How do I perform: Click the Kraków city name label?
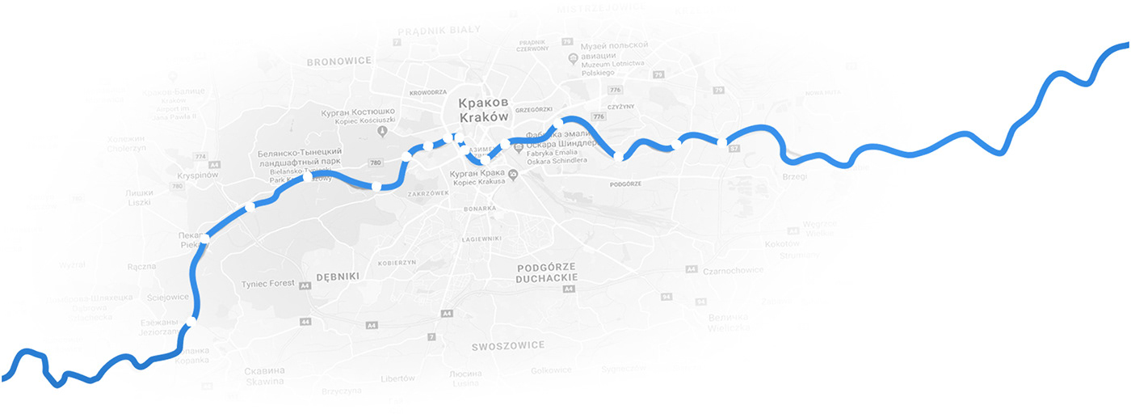pyautogui.click(x=484, y=117)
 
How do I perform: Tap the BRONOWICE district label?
pyautogui.click(x=338, y=61)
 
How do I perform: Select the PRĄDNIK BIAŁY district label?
pyautogui.click(x=439, y=30)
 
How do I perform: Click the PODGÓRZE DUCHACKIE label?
pyautogui.click(x=547, y=272)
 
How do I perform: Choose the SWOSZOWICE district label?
pyautogui.click(x=508, y=345)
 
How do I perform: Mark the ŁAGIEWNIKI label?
pyautogui.click(x=481, y=239)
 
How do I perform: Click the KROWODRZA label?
pyautogui.click(x=428, y=93)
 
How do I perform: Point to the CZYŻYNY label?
pyautogui.click(x=622, y=106)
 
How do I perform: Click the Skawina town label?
pyautogui.click(x=264, y=381)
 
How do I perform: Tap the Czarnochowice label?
pyautogui.click(x=734, y=272)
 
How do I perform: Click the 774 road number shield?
pyautogui.click(x=201, y=156)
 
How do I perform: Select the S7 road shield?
pyautogui.click(x=734, y=149)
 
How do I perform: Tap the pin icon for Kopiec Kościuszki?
pyautogui.click(x=384, y=130)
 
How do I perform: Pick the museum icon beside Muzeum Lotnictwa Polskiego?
pyautogui.click(x=572, y=57)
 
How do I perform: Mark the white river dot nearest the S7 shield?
pyautogui.click(x=721, y=143)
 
